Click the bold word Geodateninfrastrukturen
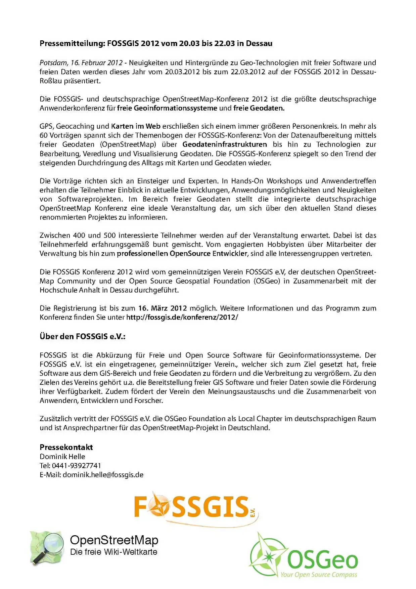coord(225,144)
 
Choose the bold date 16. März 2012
coord(163,308)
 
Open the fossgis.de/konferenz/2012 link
coord(182,318)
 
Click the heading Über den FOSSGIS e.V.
coord(82,337)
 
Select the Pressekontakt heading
coord(66,448)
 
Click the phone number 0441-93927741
coord(76,466)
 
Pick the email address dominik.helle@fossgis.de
coord(103,475)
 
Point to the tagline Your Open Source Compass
coord(319,575)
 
